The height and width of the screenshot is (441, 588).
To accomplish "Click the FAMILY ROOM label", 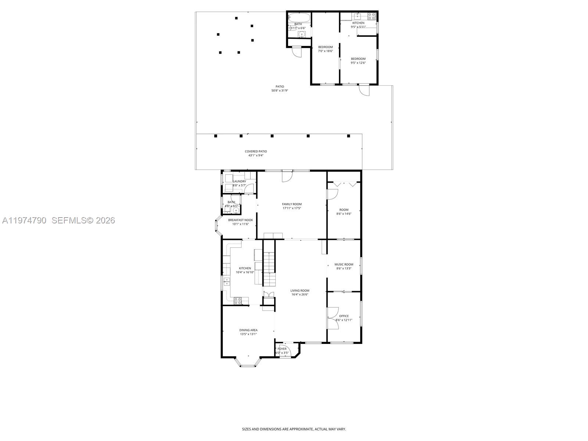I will point(292,204).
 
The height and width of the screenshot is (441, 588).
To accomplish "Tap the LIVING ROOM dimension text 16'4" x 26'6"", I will point(300,294).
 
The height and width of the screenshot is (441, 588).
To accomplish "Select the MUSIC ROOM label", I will point(344,264).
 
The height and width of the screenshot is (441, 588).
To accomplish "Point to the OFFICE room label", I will point(344,316).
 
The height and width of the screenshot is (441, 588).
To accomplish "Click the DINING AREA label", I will point(248,330).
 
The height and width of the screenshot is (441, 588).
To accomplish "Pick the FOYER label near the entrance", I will point(282,349).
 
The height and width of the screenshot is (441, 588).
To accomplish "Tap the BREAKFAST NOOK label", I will point(240,220).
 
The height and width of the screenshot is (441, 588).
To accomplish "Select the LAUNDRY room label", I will point(239,181).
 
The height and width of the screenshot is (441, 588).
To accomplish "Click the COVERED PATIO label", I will point(256,151).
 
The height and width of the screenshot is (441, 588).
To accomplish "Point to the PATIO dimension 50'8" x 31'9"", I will point(280,90).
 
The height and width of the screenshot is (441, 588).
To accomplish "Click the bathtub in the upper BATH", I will point(299,17).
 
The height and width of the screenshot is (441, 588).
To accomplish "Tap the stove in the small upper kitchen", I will point(371,16).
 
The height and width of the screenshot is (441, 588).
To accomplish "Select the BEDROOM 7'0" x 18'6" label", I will point(325,47).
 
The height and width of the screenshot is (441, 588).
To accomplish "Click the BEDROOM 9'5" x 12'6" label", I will point(358,59).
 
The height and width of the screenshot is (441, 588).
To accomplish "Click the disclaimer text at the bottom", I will point(294,429).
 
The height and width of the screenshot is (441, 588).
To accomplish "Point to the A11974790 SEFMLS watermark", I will point(58,220).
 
